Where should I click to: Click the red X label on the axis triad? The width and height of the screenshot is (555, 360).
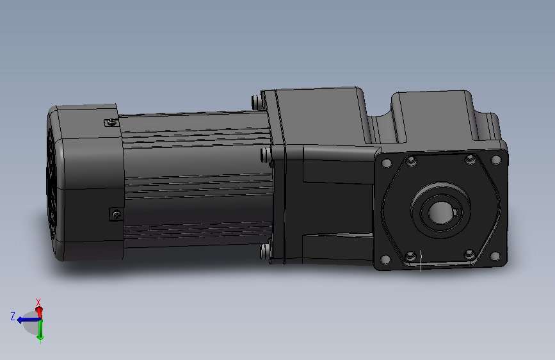pos(38,302)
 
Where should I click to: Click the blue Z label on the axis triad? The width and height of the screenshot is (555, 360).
pos(13,316)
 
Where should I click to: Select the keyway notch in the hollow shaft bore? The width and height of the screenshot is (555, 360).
pos(456,212)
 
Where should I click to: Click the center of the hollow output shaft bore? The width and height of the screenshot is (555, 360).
pos(440,213)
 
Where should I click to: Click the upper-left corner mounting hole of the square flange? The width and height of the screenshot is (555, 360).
pos(387,163)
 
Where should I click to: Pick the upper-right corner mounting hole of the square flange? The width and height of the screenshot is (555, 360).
pos(496,160)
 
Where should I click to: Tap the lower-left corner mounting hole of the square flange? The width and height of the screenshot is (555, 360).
pos(385,260)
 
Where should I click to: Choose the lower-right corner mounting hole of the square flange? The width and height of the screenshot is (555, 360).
pos(495,256)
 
